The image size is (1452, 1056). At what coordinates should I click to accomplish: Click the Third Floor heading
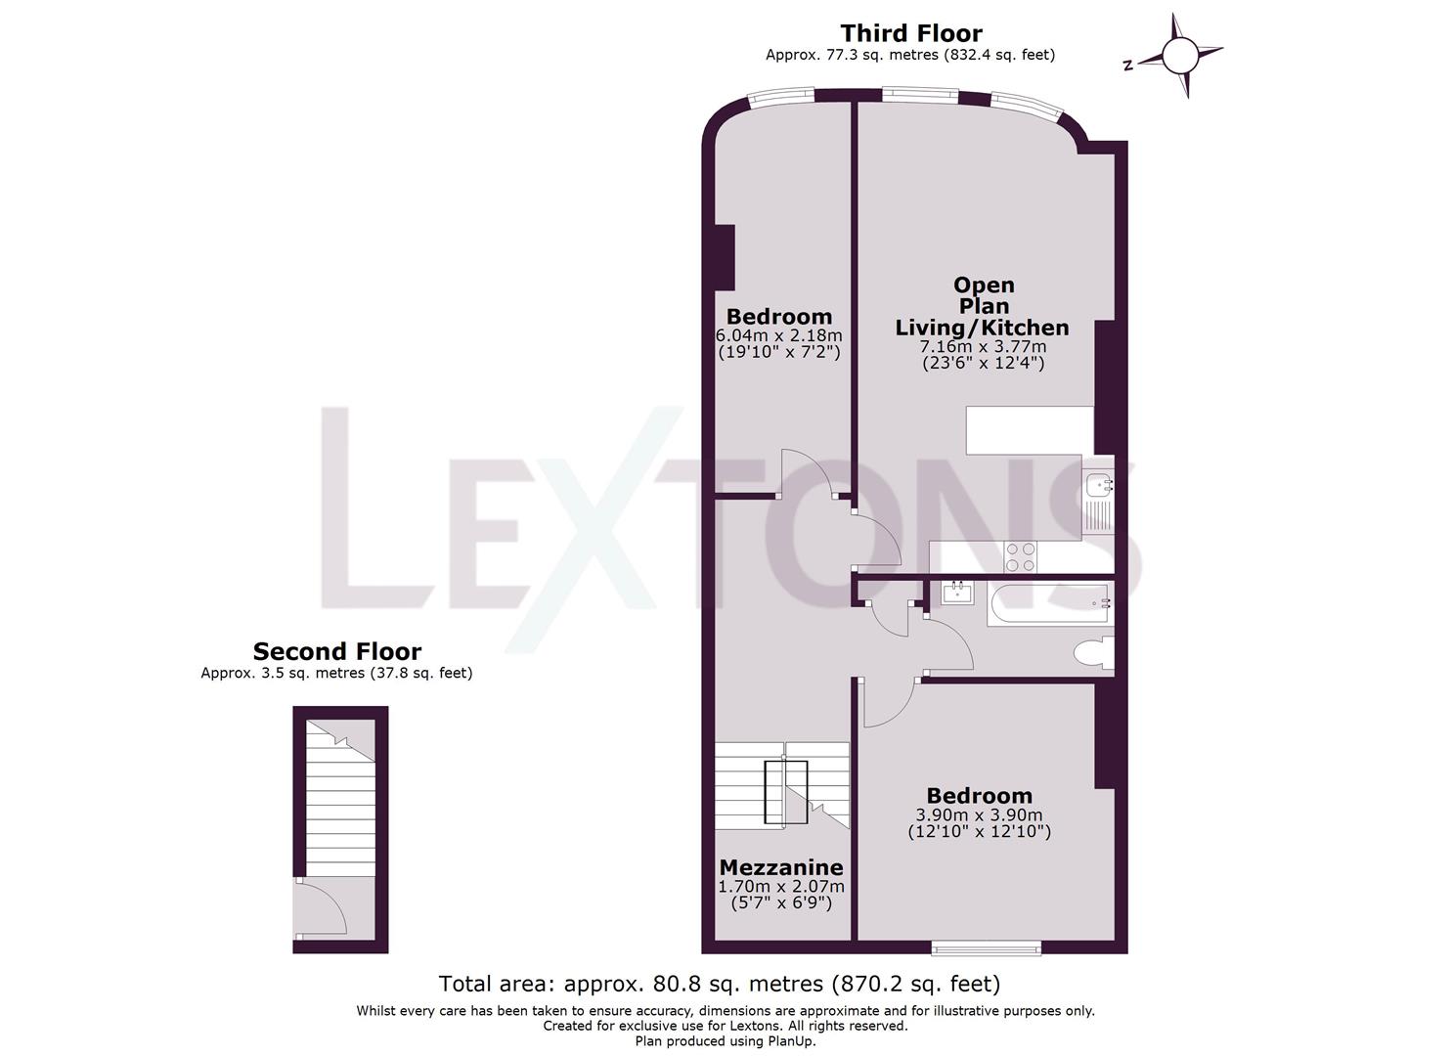pos(910,33)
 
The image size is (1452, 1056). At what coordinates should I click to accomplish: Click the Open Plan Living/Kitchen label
pos(983,306)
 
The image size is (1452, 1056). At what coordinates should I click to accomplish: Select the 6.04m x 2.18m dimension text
pos(778,335)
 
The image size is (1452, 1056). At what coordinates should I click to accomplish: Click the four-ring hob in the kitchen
pos(1021,557)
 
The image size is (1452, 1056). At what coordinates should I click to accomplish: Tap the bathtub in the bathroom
pos(1049,603)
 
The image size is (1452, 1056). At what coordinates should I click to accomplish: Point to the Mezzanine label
pos(780,867)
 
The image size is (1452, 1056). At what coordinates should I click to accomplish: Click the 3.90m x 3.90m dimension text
pos(979,815)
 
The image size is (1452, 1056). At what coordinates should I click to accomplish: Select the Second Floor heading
pos(337,651)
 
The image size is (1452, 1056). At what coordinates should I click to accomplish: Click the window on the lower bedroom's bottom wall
pos(985,946)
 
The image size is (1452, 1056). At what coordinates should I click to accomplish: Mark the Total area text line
pos(719,984)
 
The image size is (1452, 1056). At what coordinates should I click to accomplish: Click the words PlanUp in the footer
pos(790,1041)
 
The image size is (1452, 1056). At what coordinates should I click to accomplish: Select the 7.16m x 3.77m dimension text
pos(983,346)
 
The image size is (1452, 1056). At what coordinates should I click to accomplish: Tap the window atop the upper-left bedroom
pos(779,96)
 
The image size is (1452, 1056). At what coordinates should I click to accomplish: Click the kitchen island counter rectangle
pos(1029,430)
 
